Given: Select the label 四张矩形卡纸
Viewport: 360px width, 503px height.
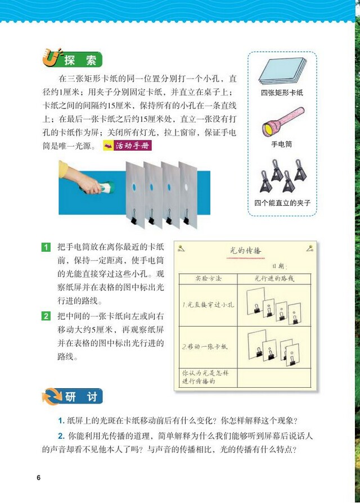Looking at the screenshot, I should pos(282,93).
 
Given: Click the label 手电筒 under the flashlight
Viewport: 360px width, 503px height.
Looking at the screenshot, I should pos(281,144).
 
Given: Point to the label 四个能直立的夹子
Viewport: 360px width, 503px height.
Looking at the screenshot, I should pos(282,202).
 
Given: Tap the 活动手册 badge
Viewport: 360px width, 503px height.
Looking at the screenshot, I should pos(129,146).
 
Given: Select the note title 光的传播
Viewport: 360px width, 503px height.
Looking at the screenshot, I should pos(246,250).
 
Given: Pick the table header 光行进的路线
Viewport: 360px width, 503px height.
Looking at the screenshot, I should pos(274,278).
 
